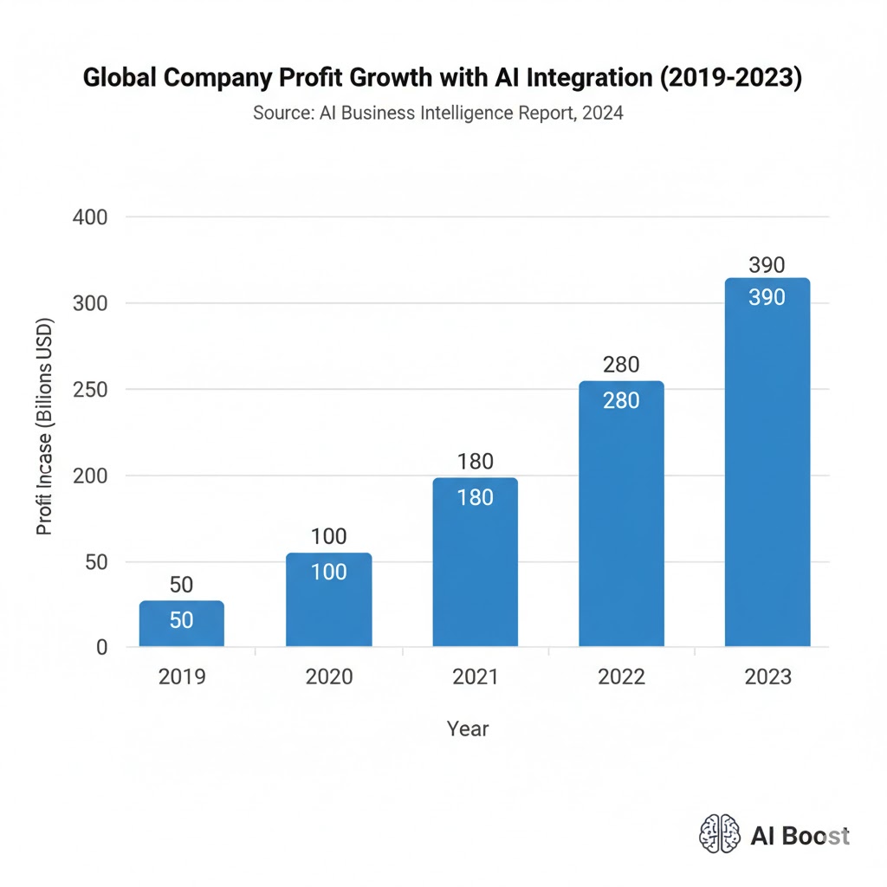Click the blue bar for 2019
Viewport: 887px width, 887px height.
click(x=181, y=624)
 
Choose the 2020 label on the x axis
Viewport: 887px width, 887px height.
click(x=329, y=677)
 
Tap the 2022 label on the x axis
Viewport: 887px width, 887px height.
click(x=621, y=677)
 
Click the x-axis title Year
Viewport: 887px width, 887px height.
click(x=468, y=728)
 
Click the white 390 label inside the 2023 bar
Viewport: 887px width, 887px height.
click(x=767, y=297)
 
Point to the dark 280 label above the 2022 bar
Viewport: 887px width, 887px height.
click(x=621, y=366)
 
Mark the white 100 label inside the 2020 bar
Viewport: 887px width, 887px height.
click(x=328, y=572)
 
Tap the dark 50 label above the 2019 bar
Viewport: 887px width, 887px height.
click(x=181, y=585)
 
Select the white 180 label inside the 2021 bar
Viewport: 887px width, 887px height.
click(x=475, y=498)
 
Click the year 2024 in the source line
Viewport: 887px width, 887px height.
click(x=603, y=113)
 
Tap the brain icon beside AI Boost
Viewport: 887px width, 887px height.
click(x=720, y=834)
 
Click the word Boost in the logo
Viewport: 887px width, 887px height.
click(x=814, y=835)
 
